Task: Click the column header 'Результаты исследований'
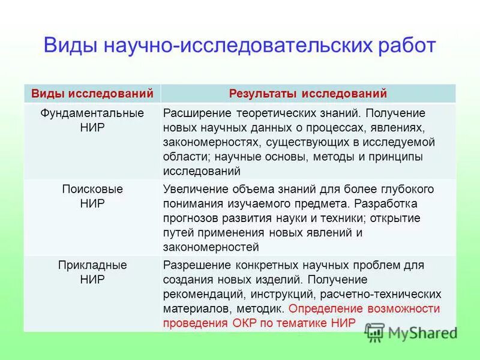308,94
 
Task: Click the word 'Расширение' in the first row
194,113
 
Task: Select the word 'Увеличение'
194,189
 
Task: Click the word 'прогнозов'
192,218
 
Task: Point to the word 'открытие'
400,218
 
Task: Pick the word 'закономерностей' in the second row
211,247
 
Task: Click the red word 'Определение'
323,308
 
